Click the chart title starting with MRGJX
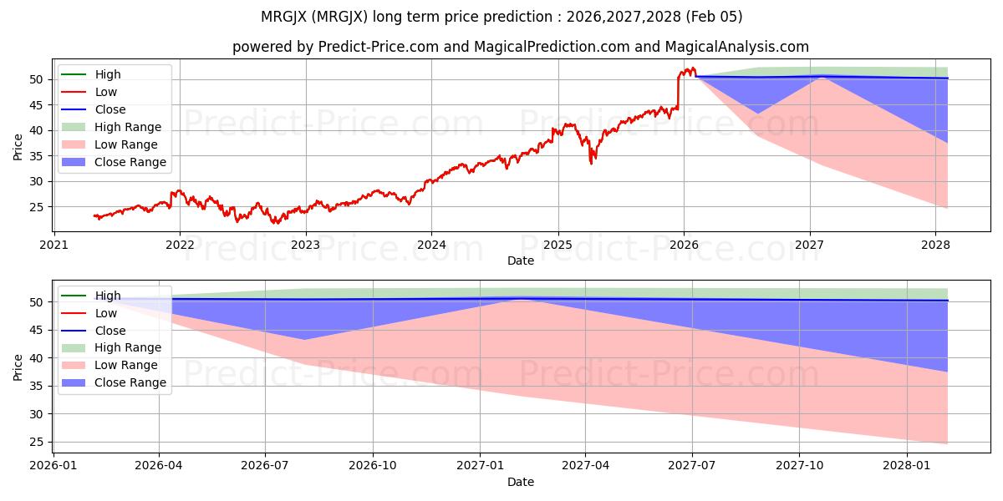point(501,17)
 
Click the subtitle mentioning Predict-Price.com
point(520,48)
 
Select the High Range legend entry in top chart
point(128,127)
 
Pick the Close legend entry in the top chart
point(110,109)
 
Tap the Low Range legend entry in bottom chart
point(126,365)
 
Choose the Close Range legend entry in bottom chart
point(130,382)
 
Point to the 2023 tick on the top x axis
point(305,245)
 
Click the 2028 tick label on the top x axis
point(935,245)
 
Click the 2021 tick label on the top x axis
point(53,245)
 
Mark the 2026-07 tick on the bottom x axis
point(265,466)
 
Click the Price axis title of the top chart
point(18,146)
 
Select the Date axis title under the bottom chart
point(520,482)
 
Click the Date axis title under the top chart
point(520,261)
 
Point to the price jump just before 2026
point(678,90)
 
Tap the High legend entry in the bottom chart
point(107,296)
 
